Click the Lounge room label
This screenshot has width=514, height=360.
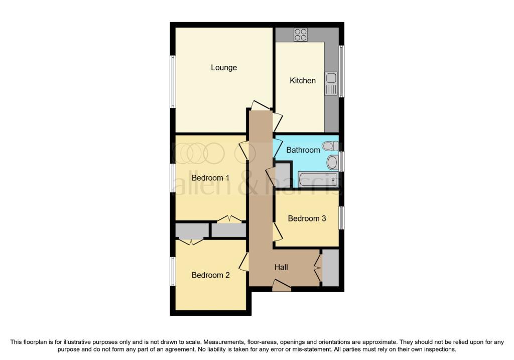pyautogui.click(x=224, y=68)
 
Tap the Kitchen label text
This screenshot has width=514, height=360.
pyautogui.click(x=303, y=80)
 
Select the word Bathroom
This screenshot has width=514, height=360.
pyautogui.click(x=303, y=150)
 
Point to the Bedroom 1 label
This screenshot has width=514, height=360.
pyautogui.click(x=210, y=178)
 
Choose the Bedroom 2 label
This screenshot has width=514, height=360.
pyautogui.click(x=210, y=275)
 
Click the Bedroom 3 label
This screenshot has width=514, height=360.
pyautogui.click(x=307, y=218)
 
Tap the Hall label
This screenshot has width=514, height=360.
pyautogui.click(x=281, y=268)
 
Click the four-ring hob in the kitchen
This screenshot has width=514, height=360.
pyautogui.click(x=300, y=34)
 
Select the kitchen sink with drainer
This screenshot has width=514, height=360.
pyautogui.click(x=331, y=84)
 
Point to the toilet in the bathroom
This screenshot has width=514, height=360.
pyautogui.click(x=329, y=146)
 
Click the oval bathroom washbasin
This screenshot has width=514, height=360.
pyautogui.click(x=332, y=162)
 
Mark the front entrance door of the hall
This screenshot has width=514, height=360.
pyautogui.click(x=282, y=287)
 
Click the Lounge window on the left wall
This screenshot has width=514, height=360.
pyautogui.click(x=172, y=81)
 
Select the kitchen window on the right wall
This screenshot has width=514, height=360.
pyautogui.click(x=342, y=71)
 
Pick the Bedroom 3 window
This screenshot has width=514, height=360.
pyautogui.click(x=342, y=218)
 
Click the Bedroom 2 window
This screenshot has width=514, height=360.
pyautogui.click(x=172, y=271)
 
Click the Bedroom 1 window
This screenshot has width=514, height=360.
pyautogui.click(x=172, y=178)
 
